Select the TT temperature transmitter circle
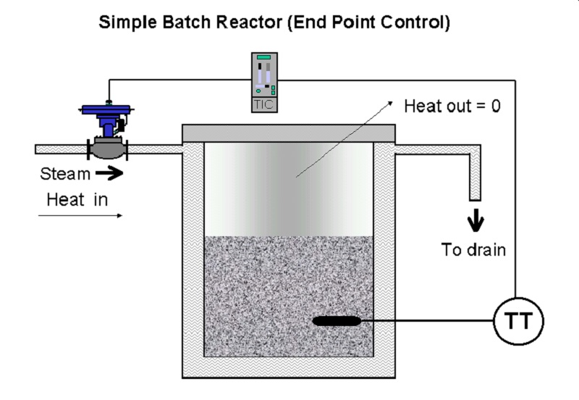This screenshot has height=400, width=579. click(518, 321)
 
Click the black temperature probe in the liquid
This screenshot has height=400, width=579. click(337, 320)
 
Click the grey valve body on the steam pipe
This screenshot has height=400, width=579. click(108, 150)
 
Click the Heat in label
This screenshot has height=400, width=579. click(77, 199)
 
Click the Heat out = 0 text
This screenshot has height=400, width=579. click(452, 107)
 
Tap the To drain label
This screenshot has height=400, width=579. click(473, 251)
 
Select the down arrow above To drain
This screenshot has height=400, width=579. click(476, 222)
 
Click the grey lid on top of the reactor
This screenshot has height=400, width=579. click(288, 133)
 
